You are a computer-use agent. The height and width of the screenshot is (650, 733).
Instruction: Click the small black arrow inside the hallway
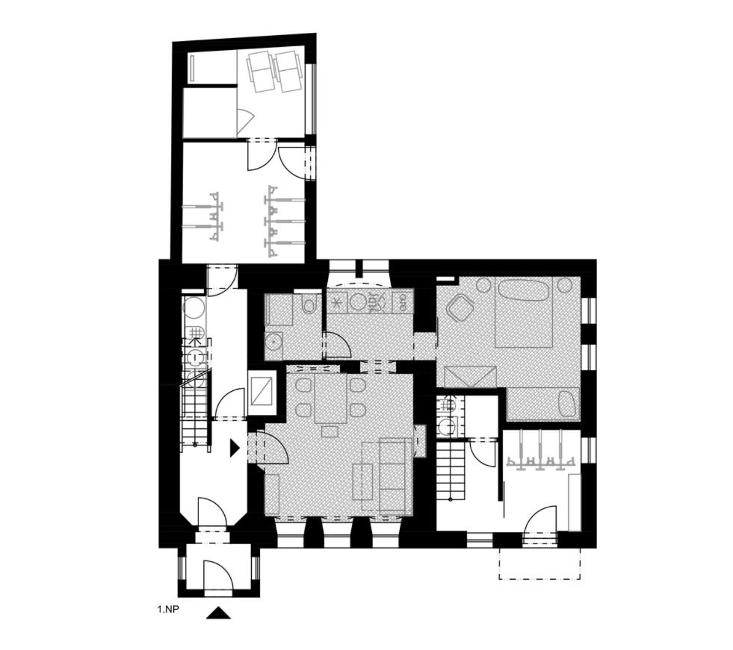(234, 448)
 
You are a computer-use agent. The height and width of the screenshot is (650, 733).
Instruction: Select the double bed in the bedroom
(524, 313)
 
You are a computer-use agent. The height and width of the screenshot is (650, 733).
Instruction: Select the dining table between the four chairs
(331, 399)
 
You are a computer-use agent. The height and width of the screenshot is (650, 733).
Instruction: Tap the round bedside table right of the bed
(565, 284)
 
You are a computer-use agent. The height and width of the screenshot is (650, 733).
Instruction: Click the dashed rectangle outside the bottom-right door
(540, 563)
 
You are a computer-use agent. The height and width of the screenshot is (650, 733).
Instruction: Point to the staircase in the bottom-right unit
(451, 471)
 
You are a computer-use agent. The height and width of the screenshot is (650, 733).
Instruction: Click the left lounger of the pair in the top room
(260, 72)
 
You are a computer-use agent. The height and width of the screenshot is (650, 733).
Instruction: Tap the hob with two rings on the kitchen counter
(403, 301)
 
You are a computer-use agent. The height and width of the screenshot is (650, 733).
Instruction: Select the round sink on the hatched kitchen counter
(359, 301)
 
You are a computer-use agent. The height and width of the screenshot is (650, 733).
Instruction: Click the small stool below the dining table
(331, 431)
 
